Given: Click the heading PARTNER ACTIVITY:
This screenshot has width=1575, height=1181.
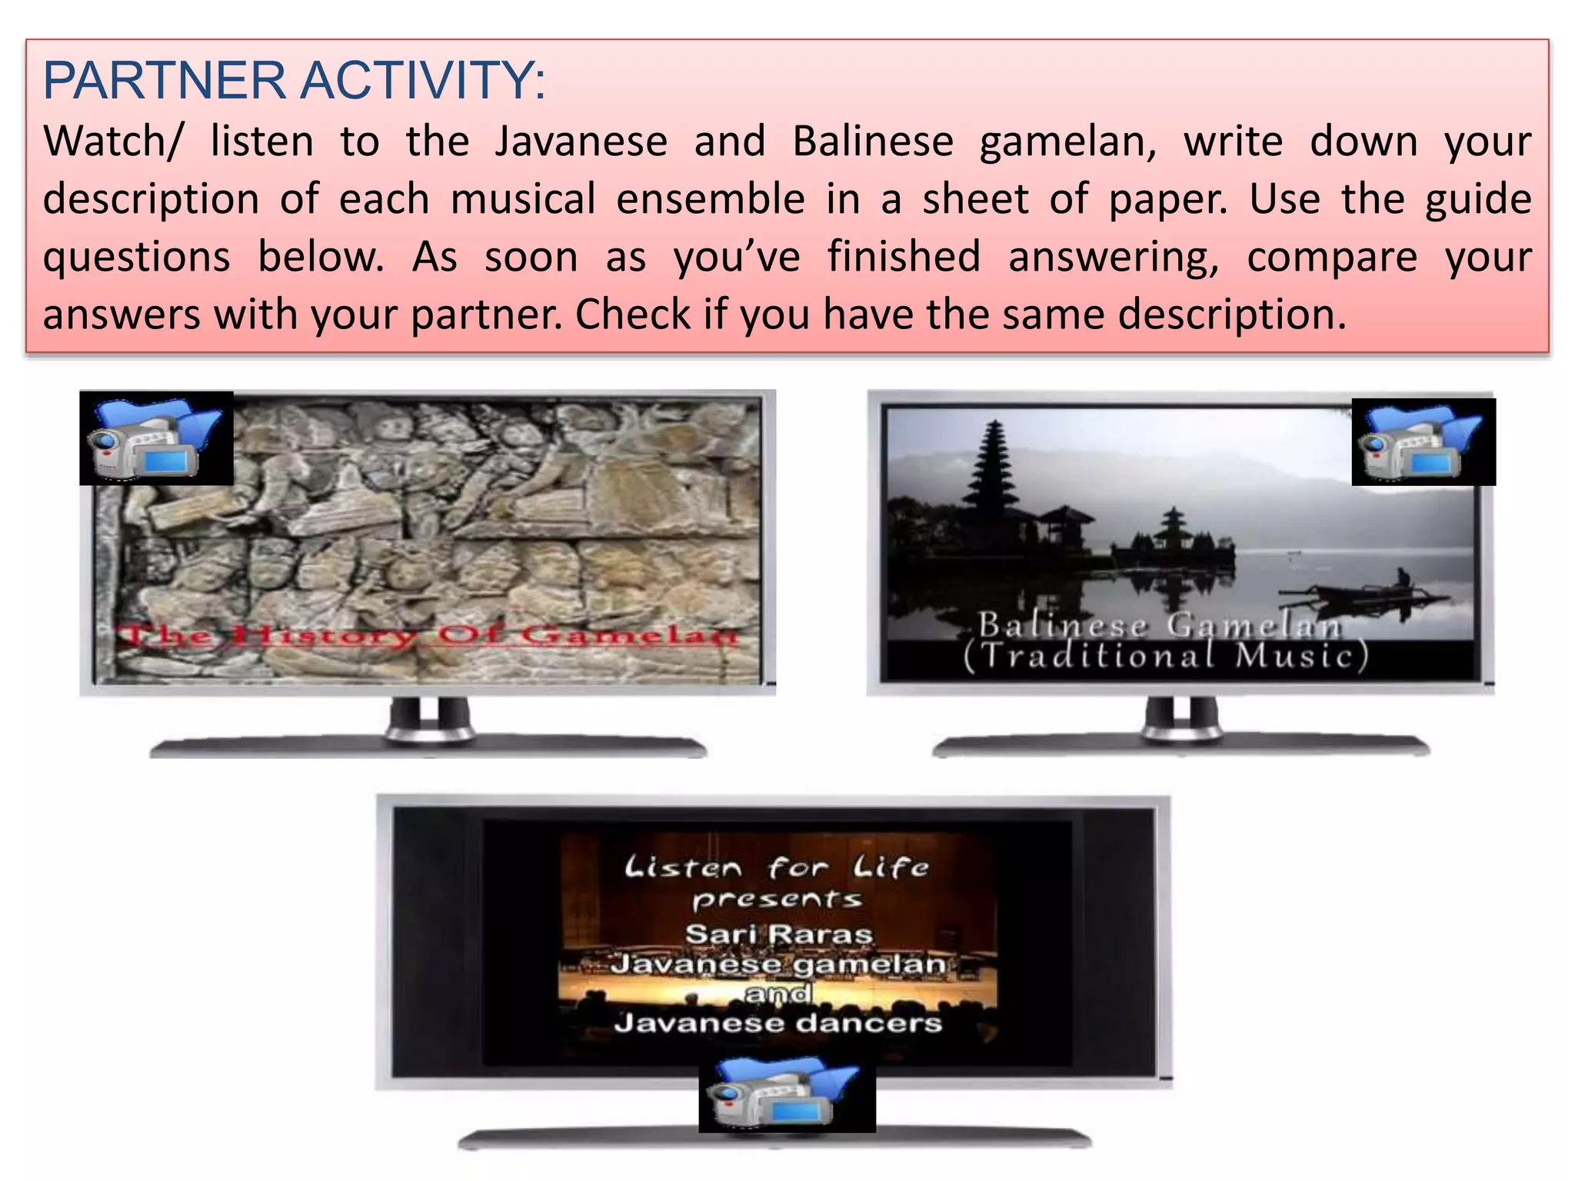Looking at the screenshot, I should [294, 81].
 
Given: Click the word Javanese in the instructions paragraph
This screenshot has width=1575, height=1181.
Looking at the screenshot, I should [581, 142].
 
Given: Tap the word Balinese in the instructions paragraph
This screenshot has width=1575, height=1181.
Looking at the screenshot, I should [873, 142].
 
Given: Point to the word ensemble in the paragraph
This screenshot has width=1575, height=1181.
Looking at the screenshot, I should [711, 199].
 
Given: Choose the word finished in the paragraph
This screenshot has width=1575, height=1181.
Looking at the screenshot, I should [904, 256].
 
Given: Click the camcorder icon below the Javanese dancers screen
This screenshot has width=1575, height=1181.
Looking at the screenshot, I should [787, 1096].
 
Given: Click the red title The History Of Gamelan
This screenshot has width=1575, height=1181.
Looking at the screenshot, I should [427, 636].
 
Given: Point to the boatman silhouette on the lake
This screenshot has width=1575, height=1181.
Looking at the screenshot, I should [1403, 577].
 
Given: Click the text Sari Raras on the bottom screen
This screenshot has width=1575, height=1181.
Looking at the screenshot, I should [778, 934].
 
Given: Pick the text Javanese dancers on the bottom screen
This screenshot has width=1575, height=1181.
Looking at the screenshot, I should [778, 1023].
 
